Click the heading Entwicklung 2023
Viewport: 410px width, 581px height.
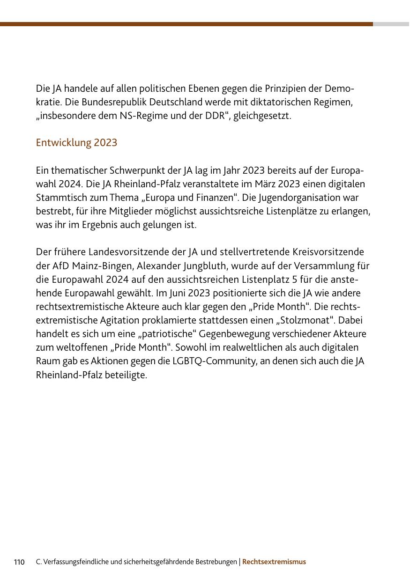pyautogui.click(x=76, y=142)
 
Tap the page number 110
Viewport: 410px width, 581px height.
pyautogui.click(x=19, y=562)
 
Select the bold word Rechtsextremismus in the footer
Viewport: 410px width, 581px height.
pyautogui.click(x=274, y=562)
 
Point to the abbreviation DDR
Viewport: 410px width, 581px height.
pyautogui.click(x=215, y=116)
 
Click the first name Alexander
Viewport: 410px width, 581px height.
pyautogui.click(x=157, y=266)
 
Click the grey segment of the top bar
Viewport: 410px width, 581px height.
pyautogui.click(x=391, y=24)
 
